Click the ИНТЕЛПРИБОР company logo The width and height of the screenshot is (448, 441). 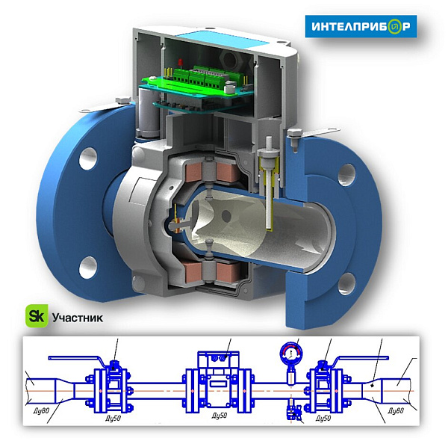[x=361, y=26]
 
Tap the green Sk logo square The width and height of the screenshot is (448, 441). [x=37, y=316]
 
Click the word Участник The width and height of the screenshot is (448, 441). [x=78, y=318]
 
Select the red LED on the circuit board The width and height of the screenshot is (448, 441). [x=180, y=62]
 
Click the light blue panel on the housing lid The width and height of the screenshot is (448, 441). [x=222, y=39]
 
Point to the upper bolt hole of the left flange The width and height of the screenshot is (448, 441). [x=88, y=158]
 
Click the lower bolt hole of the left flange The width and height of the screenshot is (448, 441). [x=87, y=267]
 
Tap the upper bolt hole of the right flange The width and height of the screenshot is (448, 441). [x=347, y=175]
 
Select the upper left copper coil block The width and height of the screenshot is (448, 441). [x=193, y=173]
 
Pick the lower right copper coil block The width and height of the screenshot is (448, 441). [x=226, y=271]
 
